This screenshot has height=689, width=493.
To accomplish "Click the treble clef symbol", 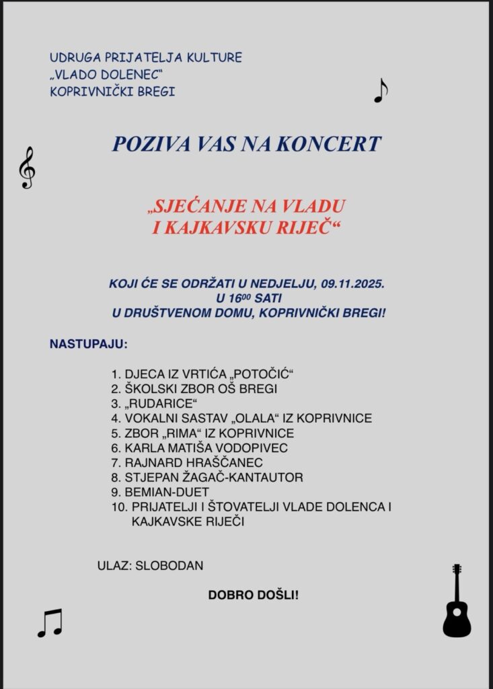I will [x=27, y=168].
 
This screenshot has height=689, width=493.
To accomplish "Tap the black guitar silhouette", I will [x=457, y=602].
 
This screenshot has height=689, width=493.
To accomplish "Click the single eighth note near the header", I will [x=381, y=91].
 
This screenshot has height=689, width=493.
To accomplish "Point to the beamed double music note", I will [x=50, y=623].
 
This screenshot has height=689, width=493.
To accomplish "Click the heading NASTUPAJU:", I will [x=88, y=345].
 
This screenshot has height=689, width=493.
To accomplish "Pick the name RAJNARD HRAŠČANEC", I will [x=194, y=463].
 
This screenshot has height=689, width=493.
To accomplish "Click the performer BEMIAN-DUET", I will [x=166, y=493].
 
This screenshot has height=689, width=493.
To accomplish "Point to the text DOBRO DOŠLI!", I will [x=253, y=595].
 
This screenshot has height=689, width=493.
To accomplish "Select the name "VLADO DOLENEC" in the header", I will [x=108, y=74].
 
